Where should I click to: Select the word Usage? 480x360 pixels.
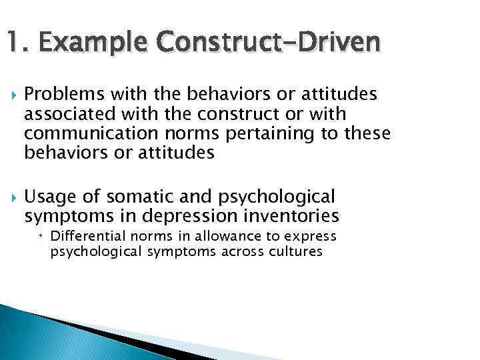pyautogui.click(x=46, y=197)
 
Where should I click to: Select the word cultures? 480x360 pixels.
pyautogui.click(x=294, y=253)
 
